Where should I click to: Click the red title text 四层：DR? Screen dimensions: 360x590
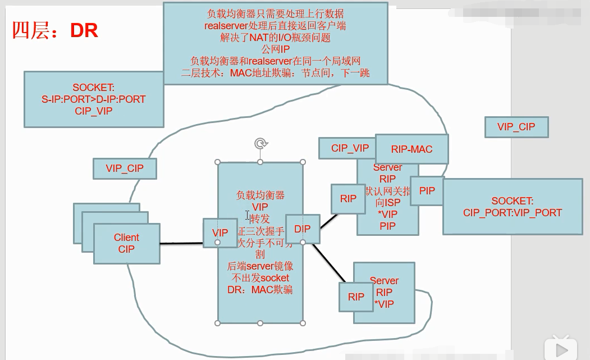(x=55, y=30)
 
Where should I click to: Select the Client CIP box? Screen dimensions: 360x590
(x=126, y=243)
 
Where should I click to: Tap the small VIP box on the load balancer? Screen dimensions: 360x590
(x=220, y=233)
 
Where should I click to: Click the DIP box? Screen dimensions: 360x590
(x=303, y=229)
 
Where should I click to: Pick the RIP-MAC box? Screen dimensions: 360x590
(x=411, y=149)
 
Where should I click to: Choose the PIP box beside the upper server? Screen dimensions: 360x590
(x=427, y=191)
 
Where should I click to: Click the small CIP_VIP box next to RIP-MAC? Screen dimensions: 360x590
(x=349, y=148)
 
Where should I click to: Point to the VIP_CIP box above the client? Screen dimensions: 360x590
(x=125, y=168)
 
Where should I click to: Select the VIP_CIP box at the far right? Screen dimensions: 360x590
(x=516, y=127)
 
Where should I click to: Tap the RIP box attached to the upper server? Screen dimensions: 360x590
(x=348, y=198)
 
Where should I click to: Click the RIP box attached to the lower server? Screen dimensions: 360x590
(x=356, y=297)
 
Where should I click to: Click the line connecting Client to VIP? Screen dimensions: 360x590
(x=181, y=244)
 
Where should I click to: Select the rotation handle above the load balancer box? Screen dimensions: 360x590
(x=260, y=144)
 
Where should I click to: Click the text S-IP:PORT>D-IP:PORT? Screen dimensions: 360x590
(x=93, y=99)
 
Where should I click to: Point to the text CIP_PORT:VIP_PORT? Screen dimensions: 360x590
(x=512, y=213)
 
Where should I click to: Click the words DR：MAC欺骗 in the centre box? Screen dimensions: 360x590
(x=260, y=289)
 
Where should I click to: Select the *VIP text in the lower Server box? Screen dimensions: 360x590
(x=384, y=304)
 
